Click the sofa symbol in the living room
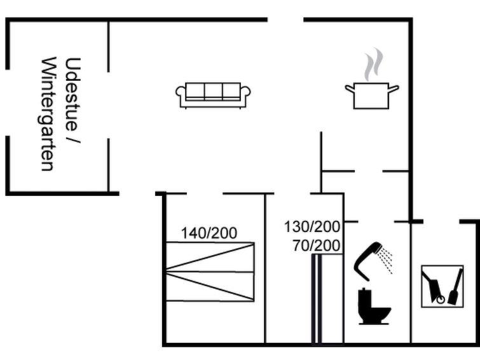click(x=213, y=95)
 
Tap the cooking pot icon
click(x=372, y=95)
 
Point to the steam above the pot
click(x=373, y=64)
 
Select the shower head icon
click(x=367, y=260)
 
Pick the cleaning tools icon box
click(x=442, y=286)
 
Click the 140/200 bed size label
click(x=209, y=233)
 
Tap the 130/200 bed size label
click(x=312, y=226)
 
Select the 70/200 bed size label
click(x=317, y=246)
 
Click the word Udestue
click(x=72, y=94)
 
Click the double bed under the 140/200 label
click(x=210, y=272)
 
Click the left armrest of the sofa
click(x=181, y=93)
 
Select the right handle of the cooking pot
click(x=394, y=88)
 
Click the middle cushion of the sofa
click(x=213, y=91)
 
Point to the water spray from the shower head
click(x=385, y=260)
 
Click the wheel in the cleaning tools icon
click(x=440, y=300)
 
